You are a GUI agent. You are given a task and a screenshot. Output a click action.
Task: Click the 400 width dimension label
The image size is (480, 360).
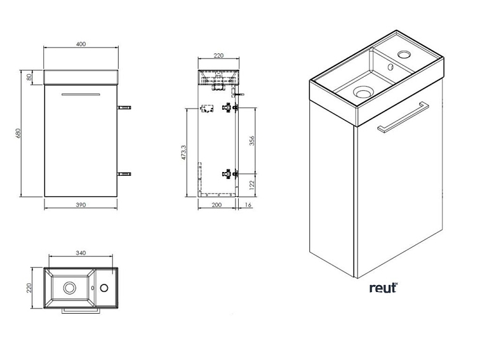click(81, 44)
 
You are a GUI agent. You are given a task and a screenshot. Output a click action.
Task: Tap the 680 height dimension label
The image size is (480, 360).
click(19, 133)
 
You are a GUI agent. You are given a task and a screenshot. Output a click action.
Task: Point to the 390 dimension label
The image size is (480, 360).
click(81, 206)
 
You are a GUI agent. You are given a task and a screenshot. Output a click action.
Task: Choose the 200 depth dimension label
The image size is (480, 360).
click(217, 206)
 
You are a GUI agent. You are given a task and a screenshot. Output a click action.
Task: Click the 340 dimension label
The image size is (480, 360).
click(81, 253)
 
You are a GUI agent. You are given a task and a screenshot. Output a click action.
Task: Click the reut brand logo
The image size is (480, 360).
click(383, 288)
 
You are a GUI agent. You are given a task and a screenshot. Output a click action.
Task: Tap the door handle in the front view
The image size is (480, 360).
click(81, 95)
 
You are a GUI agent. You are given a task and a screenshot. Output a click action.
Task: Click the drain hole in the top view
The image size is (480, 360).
click(69, 288)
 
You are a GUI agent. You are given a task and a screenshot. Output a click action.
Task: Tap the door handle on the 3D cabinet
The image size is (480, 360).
click(404, 118)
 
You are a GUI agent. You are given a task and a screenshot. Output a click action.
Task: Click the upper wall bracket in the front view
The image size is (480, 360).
click(125, 108)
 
